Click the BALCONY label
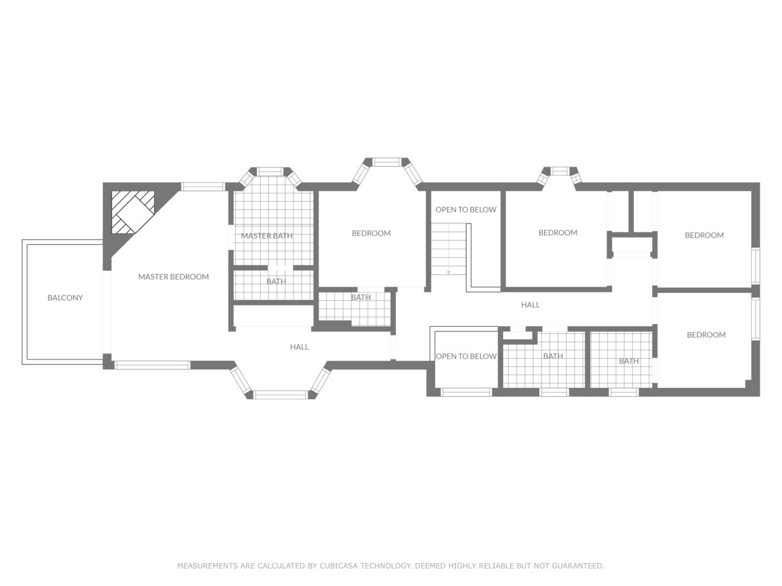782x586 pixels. pyautogui.click(x=65, y=298)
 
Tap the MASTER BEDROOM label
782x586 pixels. pyautogui.click(x=173, y=277)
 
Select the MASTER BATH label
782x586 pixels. pyautogui.click(x=267, y=236)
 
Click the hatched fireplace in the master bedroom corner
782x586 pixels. pyautogui.click(x=132, y=212)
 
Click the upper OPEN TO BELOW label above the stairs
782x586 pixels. pyautogui.click(x=466, y=210)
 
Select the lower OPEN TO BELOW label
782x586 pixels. pyautogui.click(x=466, y=356)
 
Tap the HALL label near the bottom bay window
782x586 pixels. pyautogui.click(x=299, y=347)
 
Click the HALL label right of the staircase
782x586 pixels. pyautogui.click(x=530, y=305)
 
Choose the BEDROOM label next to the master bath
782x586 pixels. pyautogui.click(x=371, y=233)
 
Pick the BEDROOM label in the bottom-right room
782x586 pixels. pyautogui.click(x=706, y=335)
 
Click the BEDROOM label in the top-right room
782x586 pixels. pyautogui.click(x=704, y=235)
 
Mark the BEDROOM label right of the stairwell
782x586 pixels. pyautogui.click(x=558, y=232)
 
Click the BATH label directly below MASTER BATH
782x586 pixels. pyautogui.click(x=276, y=281)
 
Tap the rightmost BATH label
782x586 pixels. pyautogui.click(x=629, y=361)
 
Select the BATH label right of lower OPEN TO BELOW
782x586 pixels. pyautogui.click(x=553, y=356)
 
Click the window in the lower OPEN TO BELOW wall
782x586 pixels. pyautogui.click(x=466, y=392)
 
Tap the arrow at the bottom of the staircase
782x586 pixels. pyautogui.click(x=448, y=271)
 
